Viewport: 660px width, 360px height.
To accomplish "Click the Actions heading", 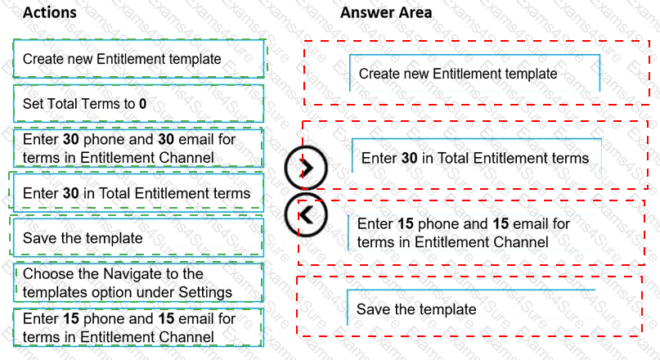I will [49, 13].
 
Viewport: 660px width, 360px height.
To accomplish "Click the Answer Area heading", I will [386, 13].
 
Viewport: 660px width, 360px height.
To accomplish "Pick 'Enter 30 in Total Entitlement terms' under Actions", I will [137, 193].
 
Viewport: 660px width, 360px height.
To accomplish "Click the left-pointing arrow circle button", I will [306, 214].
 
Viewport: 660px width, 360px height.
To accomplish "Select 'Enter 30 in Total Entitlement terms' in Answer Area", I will [475, 157].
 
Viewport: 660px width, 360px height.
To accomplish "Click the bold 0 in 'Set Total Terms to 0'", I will [142, 104].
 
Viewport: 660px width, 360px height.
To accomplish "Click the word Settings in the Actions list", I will [207, 292].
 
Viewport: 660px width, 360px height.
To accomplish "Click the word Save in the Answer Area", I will [374, 308].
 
